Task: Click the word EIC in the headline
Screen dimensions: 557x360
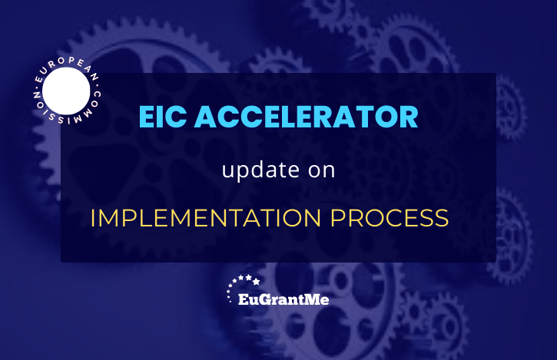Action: [x=163, y=117]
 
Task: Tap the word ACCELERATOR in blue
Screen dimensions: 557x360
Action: [x=307, y=117]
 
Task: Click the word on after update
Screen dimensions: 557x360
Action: [x=321, y=170]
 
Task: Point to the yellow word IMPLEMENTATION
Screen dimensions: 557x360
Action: [x=206, y=218]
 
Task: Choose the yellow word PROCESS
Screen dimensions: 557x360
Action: [x=390, y=218]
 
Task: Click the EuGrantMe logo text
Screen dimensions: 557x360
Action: [x=283, y=299]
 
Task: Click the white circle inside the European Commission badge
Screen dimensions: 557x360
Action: [x=66, y=91]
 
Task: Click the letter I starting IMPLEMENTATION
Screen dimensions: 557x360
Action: [x=92, y=218]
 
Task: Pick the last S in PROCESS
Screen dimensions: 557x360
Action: [x=441, y=218]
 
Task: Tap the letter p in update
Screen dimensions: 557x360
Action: [x=240, y=173]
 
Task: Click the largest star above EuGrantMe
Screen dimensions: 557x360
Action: [x=256, y=282]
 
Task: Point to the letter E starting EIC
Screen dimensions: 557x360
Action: [x=146, y=117]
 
